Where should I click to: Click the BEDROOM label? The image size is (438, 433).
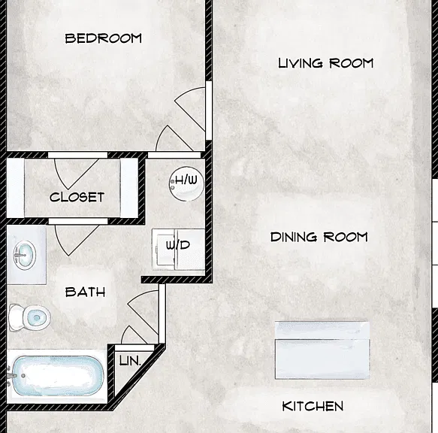click(104, 38)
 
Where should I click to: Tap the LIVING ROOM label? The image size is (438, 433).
click(326, 63)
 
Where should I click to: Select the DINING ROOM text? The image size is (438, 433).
click(319, 237)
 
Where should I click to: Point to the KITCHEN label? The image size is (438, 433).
click(313, 406)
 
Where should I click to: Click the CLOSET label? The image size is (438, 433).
click(77, 198)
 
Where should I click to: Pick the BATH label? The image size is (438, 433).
click(85, 292)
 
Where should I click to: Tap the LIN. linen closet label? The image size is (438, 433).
click(130, 361)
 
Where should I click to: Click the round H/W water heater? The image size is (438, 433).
click(186, 183)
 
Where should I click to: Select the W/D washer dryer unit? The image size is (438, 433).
click(178, 250)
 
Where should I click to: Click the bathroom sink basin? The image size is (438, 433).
click(25, 255)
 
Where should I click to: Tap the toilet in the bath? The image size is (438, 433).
click(29, 317)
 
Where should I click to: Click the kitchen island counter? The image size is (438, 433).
click(322, 350)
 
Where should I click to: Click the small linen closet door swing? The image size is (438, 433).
click(134, 335)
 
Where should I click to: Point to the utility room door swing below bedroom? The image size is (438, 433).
click(174, 139)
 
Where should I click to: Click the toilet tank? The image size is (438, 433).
click(15, 317)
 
